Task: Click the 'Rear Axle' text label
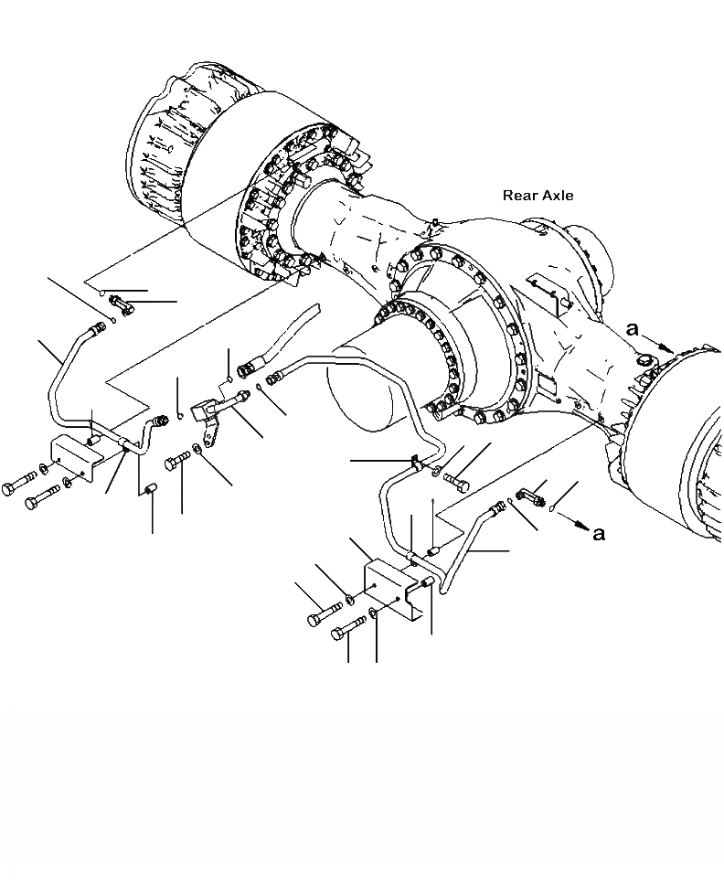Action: pyautogui.click(x=538, y=196)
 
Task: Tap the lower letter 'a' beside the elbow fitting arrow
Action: pyautogui.click(x=598, y=533)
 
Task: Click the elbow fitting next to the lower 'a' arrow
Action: pyautogui.click(x=530, y=496)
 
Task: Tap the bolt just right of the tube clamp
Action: pyautogui.click(x=458, y=477)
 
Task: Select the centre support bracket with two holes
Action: pyautogui.click(x=208, y=415)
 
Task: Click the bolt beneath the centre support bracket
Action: pyautogui.click(x=177, y=464)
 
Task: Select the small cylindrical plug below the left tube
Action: pyautogui.click(x=149, y=495)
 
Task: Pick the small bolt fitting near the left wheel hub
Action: pyautogui.click(x=121, y=303)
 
